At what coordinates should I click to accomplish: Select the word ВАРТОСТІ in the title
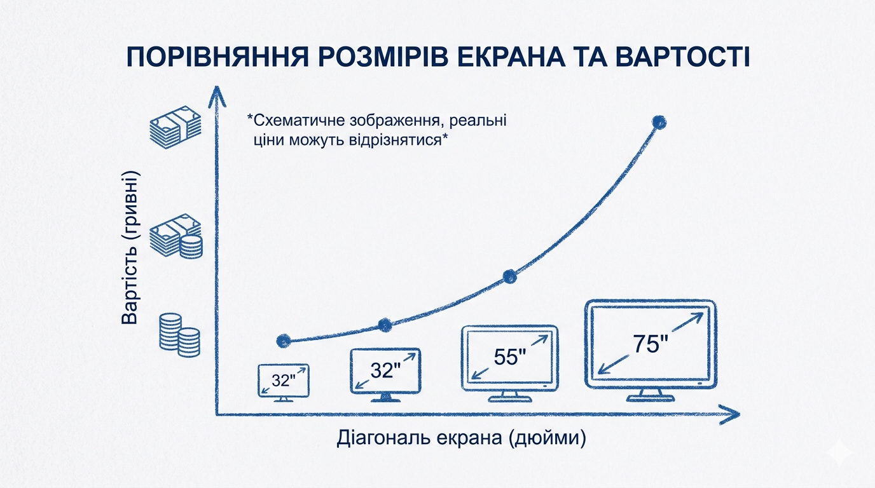682,58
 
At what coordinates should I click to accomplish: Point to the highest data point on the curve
659,122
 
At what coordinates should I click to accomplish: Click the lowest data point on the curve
284,341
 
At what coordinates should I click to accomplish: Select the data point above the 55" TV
510,277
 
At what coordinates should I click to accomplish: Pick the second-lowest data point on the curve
385,325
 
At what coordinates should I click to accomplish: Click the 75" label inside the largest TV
651,344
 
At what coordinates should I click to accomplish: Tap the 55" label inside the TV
510,356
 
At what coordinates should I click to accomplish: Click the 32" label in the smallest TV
283,380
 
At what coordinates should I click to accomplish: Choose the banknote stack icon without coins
176,127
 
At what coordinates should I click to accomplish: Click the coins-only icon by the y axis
180,335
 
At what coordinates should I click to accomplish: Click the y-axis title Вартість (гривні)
130,248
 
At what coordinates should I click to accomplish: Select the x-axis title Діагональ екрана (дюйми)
461,438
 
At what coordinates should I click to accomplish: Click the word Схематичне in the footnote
296,121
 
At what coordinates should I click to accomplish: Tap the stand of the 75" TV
651,395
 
